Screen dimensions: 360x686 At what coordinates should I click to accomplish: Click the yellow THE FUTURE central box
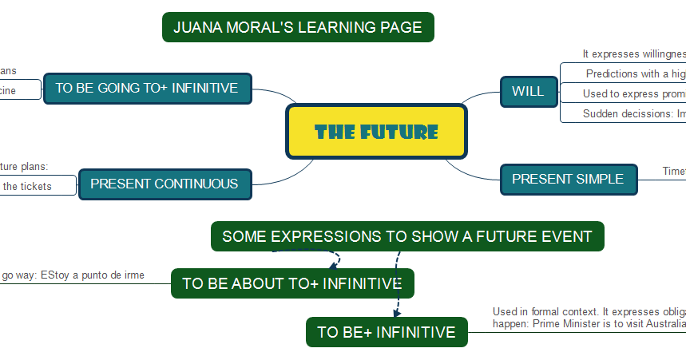click(376, 132)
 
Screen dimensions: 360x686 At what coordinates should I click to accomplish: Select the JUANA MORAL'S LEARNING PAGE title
click(298, 27)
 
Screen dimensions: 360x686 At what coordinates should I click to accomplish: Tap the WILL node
click(528, 91)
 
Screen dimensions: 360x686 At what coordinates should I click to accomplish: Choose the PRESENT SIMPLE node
click(568, 179)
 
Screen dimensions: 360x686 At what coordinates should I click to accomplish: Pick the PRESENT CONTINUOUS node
click(164, 184)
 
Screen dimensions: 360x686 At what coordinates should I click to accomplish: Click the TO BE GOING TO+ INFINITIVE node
click(147, 88)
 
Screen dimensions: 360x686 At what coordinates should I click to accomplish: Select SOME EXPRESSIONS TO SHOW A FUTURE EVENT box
click(407, 236)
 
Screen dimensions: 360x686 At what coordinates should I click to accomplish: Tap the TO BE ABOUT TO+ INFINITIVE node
click(291, 283)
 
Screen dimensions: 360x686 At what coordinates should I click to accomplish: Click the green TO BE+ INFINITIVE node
click(387, 332)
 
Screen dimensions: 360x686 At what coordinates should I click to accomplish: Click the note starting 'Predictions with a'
click(635, 73)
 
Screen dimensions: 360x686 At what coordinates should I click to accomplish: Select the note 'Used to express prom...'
click(633, 93)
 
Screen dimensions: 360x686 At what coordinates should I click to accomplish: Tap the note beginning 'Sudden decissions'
click(633, 113)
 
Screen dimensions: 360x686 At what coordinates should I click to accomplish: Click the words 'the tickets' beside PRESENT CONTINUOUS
click(26, 186)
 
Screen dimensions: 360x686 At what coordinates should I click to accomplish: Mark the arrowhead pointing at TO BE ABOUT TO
click(332, 267)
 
